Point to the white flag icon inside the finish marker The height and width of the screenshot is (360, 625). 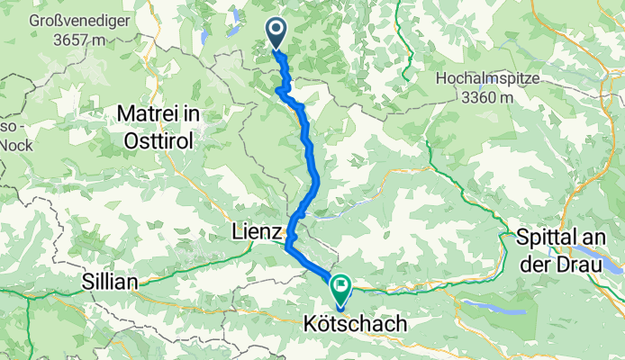click(x=341, y=287)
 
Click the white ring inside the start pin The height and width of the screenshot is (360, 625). click(x=276, y=31)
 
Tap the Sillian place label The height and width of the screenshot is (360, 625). click(x=100, y=282)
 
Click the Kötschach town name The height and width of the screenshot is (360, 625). click(x=354, y=321)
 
